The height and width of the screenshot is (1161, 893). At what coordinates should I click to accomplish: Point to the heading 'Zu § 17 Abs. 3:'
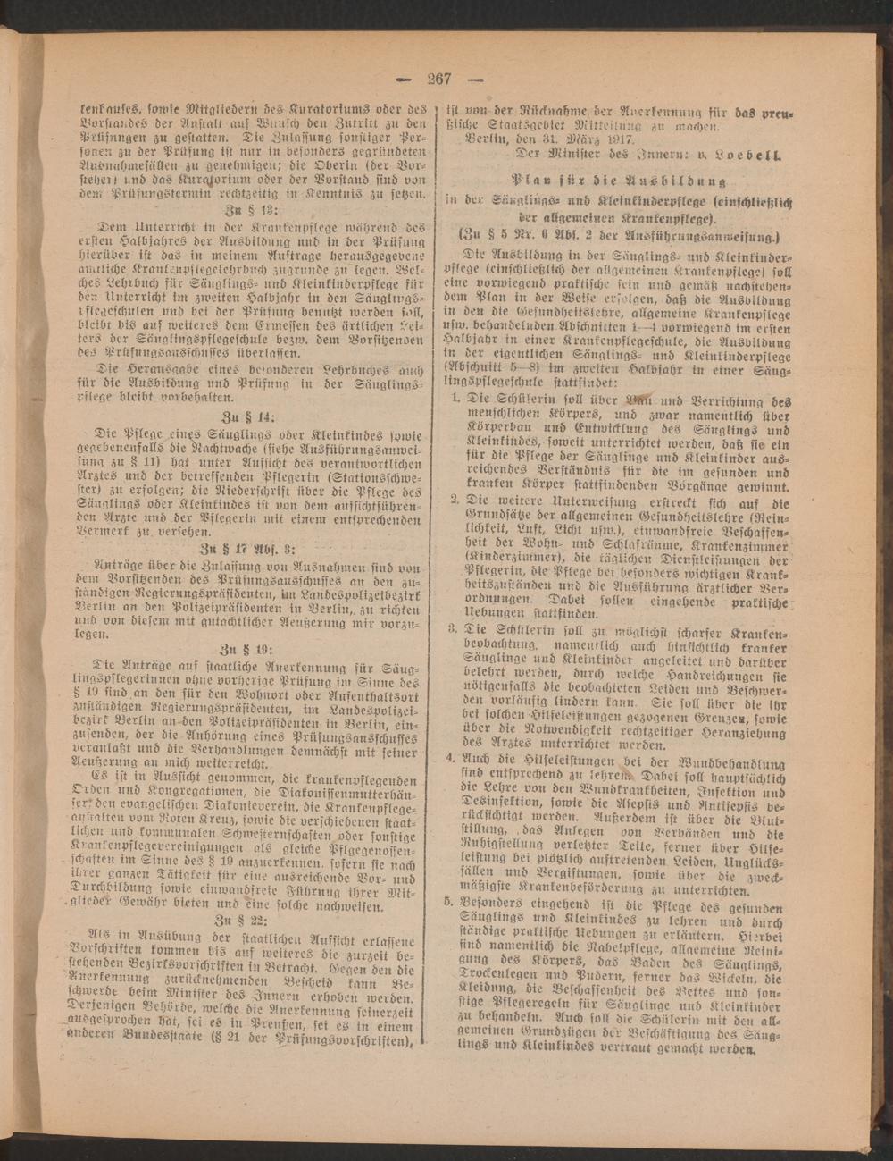pyautogui.click(x=253, y=549)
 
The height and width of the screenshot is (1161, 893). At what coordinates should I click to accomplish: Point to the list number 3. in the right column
pyautogui.click(x=454, y=629)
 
